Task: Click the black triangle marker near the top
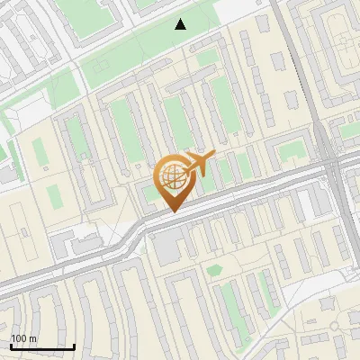point(181,24)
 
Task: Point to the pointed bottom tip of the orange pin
point(174,212)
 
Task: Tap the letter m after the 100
point(33,338)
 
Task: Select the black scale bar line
point(42,346)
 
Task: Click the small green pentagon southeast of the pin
point(214,270)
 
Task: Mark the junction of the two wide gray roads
point(331,166)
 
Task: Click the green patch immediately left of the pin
point(149,193)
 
